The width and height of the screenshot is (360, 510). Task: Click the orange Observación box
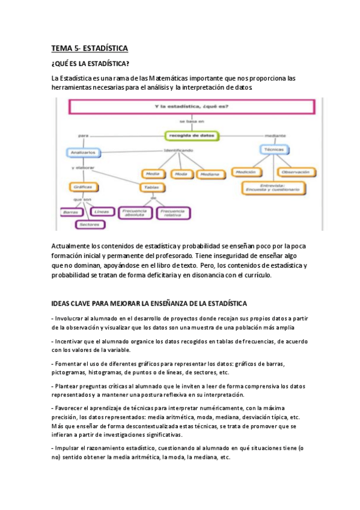[x=296, y=172]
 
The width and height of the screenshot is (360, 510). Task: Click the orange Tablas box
[x=153, y=187]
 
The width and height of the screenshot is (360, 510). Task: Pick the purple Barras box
[x=71, y=212]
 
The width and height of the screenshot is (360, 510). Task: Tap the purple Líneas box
[x=102, y=212]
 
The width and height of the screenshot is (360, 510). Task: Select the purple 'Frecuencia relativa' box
[x=173, y=213]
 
